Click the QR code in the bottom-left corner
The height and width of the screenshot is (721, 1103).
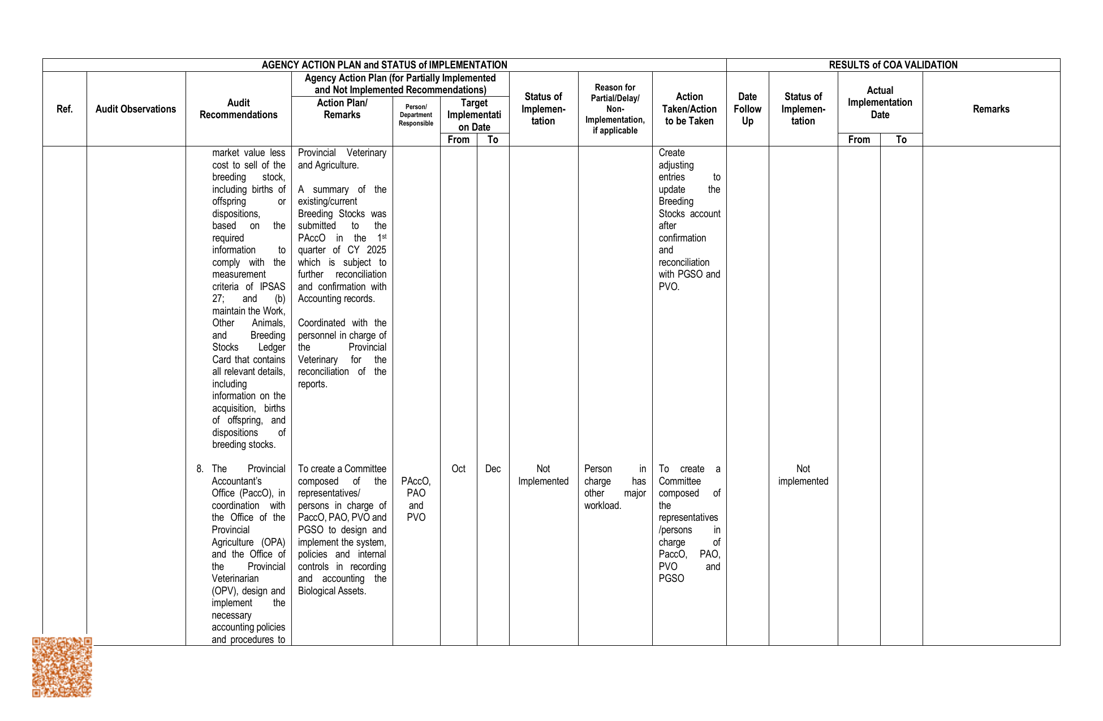coord(62,667)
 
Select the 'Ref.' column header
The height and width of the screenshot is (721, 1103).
coord(64,109)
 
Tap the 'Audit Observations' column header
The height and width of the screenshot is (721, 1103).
coord(136,109)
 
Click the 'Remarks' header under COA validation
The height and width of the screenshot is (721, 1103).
coord(991,109)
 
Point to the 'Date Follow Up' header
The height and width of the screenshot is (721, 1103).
coord(747,109)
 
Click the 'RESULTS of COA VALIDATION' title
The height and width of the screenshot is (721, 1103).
coord(893,65)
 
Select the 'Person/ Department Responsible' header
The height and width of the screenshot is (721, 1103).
coord(416,115)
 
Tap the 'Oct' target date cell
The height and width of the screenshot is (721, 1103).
coord(458,469)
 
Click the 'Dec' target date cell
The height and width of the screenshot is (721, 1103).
coord(493,469)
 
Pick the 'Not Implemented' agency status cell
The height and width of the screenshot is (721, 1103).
coord(543,475)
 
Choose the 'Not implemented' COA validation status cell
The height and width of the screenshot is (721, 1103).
coord(803,475)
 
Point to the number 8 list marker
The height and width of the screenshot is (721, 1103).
coord(200,469)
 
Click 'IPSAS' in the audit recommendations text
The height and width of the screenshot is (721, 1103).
coord(273,287)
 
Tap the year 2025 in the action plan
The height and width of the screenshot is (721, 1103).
coord(376,250)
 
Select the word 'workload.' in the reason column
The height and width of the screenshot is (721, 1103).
coord(603,506)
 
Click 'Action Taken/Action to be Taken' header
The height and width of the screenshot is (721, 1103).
coord(689,109)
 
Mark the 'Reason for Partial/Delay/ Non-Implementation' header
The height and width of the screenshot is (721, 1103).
coord(615,109)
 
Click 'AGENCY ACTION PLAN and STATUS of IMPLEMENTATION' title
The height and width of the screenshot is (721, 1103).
coord(384,65)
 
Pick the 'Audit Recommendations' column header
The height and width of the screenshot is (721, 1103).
coord(238,109)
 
